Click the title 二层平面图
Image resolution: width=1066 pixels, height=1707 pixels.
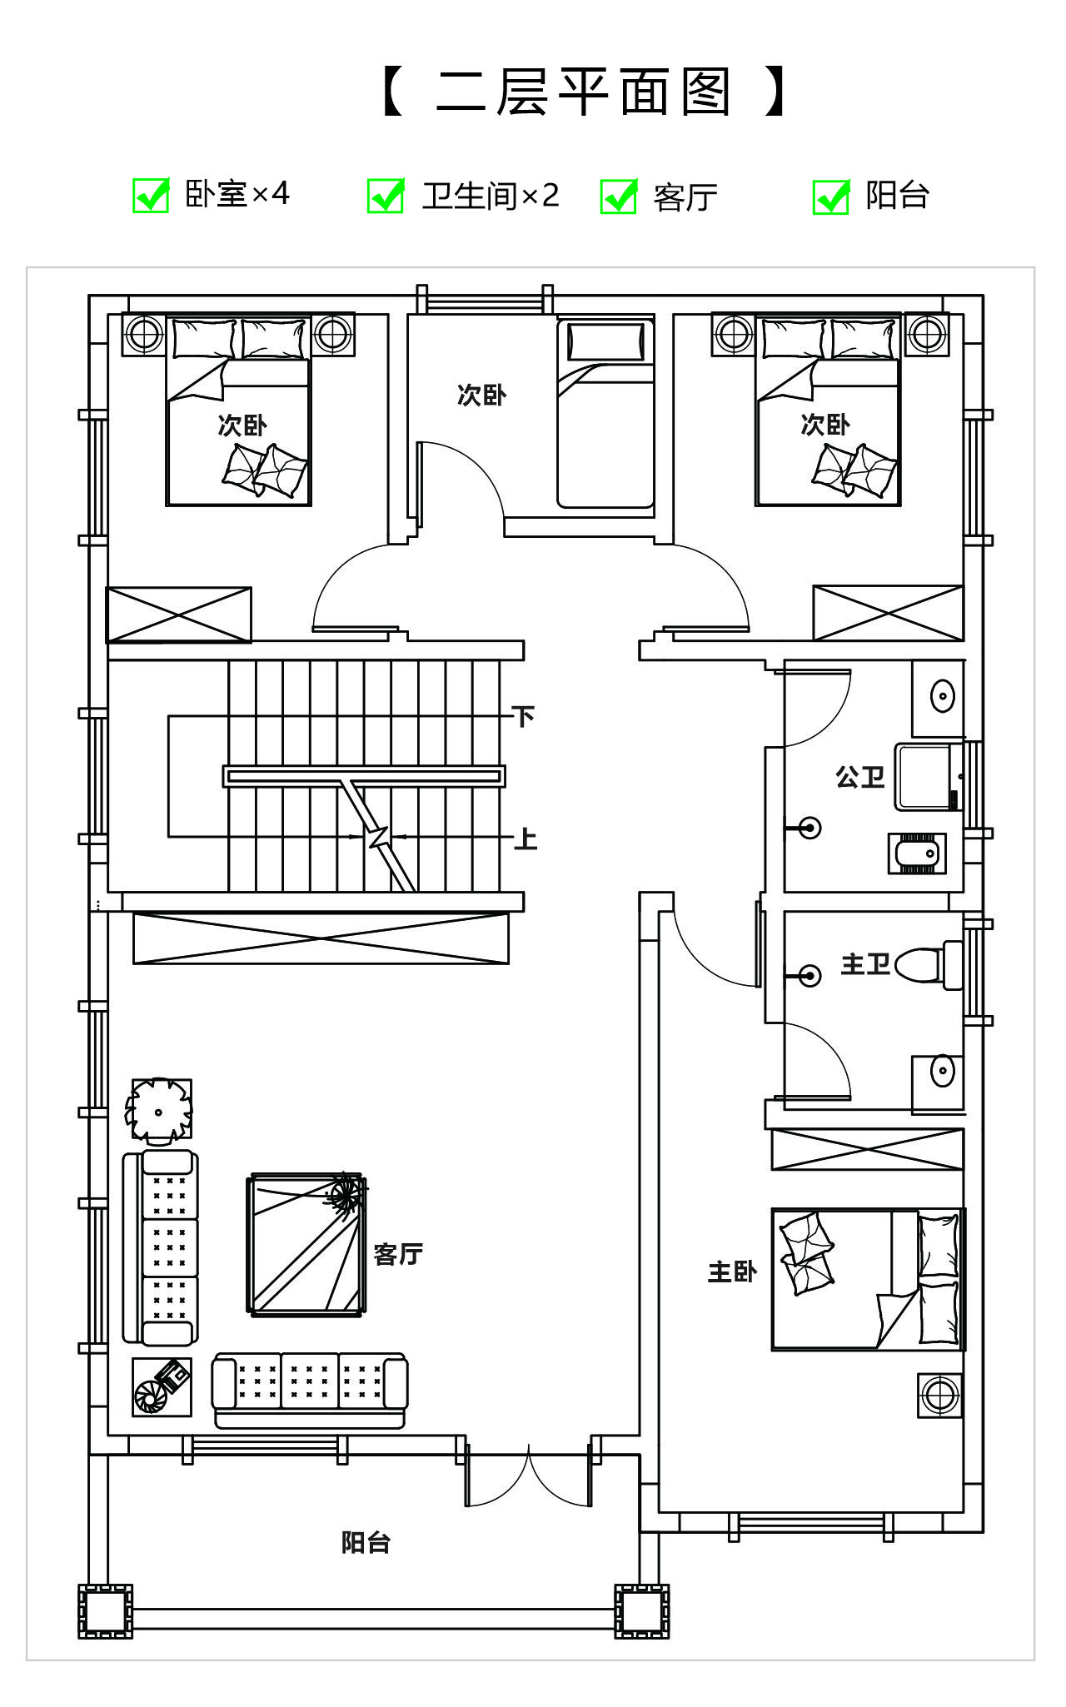coord(582,92)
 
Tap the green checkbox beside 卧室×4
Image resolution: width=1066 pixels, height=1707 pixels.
coord(152,196)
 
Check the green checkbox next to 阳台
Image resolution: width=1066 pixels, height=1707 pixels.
coord(831,197)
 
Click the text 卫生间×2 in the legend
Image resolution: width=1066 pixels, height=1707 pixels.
coord(490,197)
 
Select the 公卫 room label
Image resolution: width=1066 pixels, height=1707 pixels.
coord(859,777)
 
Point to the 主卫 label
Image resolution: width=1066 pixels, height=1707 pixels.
coord(865,964)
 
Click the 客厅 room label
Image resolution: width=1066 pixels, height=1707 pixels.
coord(398,1253)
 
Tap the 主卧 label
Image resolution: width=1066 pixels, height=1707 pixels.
coord(732,1272)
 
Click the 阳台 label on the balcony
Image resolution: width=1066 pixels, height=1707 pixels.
coord(366,1542)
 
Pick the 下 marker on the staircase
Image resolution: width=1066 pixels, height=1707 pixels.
coord(523,716)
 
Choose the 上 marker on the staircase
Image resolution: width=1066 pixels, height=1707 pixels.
coord(525,838)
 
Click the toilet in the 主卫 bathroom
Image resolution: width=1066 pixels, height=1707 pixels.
coord(927,965)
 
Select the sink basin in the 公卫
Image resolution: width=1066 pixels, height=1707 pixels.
coord(941,696)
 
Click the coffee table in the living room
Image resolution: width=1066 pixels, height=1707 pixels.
coord(307,1245)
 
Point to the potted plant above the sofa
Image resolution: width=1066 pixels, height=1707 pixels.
coord(158,1111)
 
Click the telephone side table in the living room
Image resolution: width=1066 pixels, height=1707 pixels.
coord(162,1386)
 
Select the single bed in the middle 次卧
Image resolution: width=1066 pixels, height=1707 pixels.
coord(605,413)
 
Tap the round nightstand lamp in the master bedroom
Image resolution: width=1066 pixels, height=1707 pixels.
coord(939,1396)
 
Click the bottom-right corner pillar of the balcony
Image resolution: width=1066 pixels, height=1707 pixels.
coord(641,1610)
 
